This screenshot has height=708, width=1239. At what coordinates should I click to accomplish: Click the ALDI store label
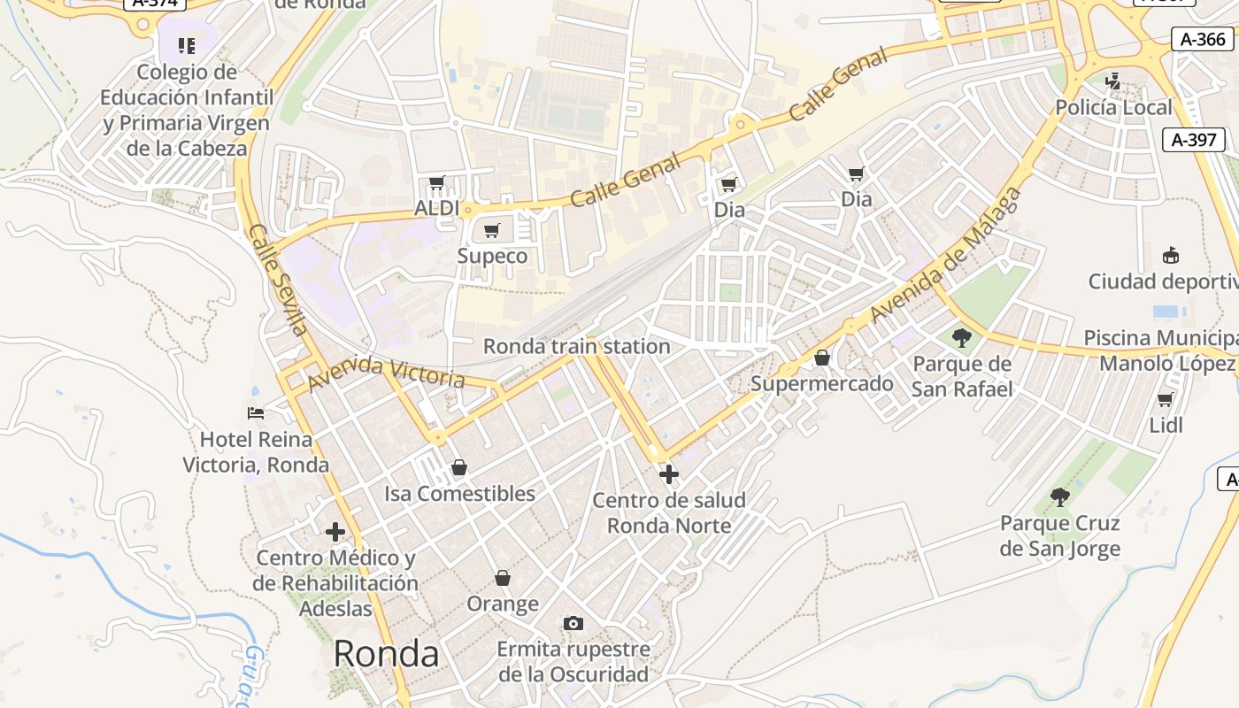click(x=437, y=208)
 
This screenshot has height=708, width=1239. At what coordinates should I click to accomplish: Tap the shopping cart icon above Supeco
click(x=491, y=231)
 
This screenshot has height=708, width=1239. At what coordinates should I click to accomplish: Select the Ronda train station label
click(x=576, y=346)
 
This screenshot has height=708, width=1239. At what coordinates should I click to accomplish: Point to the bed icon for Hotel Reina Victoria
click(x=256, y=413)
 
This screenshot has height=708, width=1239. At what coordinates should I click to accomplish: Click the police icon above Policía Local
click(x=1112, y=81)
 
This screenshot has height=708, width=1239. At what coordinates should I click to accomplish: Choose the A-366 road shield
click(x=1204, y=39)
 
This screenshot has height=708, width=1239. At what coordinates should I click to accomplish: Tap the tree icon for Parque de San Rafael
click(x=962, y=337)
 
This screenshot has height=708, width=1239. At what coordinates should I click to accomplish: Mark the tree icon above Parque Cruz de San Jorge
click(x=1059, y=497)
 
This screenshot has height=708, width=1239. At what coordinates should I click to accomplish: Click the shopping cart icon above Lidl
click(x=1166, y=400)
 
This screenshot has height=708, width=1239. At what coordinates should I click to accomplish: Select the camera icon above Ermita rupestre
click(x=573, y=623)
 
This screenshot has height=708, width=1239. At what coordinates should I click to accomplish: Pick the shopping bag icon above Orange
click(x=503, y=578)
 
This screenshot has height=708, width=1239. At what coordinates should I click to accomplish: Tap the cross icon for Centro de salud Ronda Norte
click(x=669, y=474)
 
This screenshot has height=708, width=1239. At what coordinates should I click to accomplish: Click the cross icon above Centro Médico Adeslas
click(x=335, y=532)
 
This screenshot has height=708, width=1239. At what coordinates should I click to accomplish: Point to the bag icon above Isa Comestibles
click(x=458, y=467)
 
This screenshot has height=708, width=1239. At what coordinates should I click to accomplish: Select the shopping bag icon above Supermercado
click(x=822, y=358)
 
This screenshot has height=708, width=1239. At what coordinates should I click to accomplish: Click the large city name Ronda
click(x=386, y=654)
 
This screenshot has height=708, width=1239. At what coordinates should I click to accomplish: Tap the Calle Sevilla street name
click(x=278, y=280)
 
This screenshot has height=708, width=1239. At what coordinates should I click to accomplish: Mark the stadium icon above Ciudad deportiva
click(x=1171, y=256)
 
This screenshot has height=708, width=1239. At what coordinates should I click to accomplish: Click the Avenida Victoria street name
click(x=386, y=373)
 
